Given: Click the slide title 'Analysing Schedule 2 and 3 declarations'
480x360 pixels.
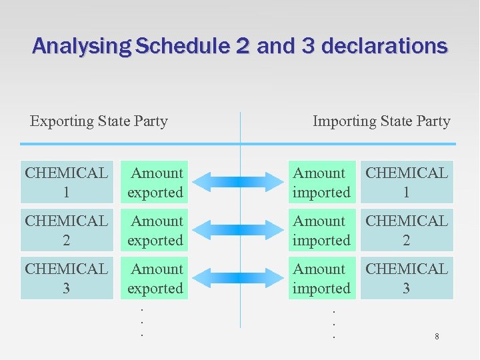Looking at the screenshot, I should (240, 46).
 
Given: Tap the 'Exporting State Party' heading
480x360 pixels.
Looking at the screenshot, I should (99, 121).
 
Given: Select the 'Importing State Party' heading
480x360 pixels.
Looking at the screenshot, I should (381, 121).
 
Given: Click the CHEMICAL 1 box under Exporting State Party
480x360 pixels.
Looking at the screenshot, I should (67, 182).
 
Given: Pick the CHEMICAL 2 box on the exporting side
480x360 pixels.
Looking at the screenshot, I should (67, 230).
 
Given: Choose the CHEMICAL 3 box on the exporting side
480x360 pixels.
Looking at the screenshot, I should (67, 278).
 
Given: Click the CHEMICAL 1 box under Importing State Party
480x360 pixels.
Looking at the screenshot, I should (407, 182).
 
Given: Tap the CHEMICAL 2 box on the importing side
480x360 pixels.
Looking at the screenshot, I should (407, 230).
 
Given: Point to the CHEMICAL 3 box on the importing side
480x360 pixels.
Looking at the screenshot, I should (407, 278).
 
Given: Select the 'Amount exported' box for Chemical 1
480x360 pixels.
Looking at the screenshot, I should (155, 182).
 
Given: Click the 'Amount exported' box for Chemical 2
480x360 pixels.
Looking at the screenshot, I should (155, 230).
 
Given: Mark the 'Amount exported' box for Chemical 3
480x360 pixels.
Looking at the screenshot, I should (155, 278).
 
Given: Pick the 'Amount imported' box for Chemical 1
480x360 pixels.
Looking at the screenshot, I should (321, 182).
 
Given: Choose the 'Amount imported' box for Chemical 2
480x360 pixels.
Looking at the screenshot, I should (321, 230).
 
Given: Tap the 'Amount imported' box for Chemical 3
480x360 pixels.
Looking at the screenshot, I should (321, 278).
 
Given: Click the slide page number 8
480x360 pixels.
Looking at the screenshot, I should (437, 337).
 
